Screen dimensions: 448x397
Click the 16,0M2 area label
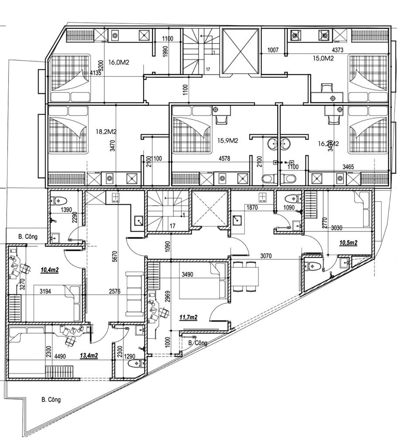pos(119,63)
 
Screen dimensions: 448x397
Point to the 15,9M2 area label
pos(228,140)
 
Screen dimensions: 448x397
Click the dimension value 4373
pos(340,50)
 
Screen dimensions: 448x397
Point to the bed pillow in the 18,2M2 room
pos(67,111)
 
